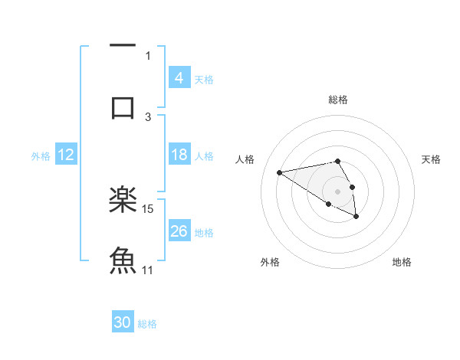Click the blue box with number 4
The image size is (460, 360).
click(179, 78)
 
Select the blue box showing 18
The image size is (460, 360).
click(179, 155)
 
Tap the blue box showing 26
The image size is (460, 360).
click(179, 231)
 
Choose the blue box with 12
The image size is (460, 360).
click(66, 155)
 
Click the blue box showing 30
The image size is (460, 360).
click(123, 323)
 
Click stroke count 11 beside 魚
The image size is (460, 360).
click(148, 270)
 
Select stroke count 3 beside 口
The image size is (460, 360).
click(148, 116)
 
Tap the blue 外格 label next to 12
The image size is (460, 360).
click(41, 155)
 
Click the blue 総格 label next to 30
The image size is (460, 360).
click(147, 324)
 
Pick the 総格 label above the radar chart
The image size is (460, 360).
click(337, 100)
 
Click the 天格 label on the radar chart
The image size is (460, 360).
click(431, 159)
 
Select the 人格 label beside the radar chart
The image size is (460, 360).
click(245, 159)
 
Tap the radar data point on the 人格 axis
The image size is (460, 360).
click(279, 172)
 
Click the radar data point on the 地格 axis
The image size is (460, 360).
click(356, 217)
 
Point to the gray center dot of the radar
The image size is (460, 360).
click(337, 191)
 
